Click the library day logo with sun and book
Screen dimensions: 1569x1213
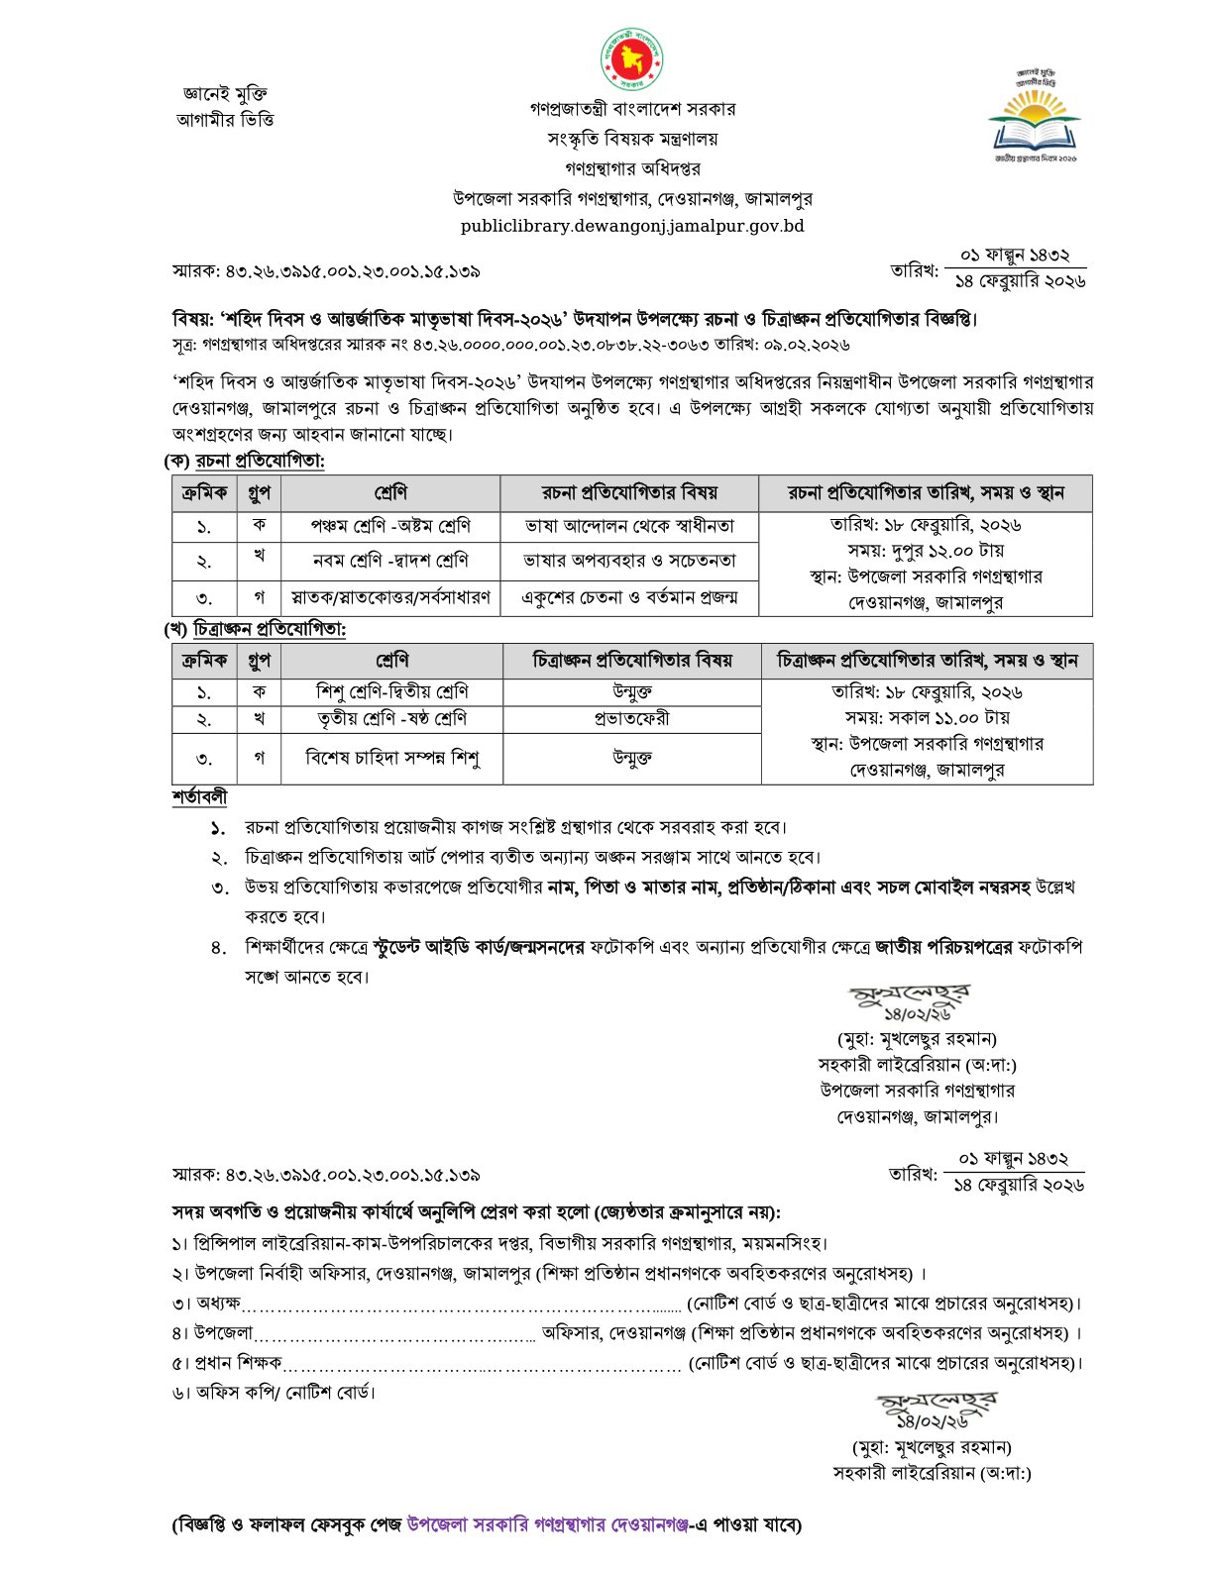[1035, 115]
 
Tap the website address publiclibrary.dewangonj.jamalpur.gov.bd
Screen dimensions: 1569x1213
[632, 226]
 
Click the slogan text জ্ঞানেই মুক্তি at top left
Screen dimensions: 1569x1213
[225, 94]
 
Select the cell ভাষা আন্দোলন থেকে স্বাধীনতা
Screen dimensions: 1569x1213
[629, 526]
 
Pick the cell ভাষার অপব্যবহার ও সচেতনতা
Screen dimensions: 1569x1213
[629, 561]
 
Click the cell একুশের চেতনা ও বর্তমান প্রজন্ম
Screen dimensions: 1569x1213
[629, 597]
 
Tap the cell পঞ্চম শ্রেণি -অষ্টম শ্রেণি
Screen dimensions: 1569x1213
[390, 526]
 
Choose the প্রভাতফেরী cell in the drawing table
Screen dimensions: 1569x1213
[632, 718]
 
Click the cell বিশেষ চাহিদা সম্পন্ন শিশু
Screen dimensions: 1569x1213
[392, 759]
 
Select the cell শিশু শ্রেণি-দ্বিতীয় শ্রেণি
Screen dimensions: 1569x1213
[392, 691]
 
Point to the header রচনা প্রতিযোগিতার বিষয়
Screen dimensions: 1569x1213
[629, 492]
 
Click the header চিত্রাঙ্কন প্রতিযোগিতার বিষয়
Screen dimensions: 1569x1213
[632, 660]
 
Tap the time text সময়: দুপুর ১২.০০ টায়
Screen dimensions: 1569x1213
[926, 551]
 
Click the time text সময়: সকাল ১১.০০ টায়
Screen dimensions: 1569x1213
[927, 717]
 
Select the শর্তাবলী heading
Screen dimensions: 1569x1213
[199, 797]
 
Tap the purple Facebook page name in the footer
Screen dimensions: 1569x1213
[547, 1524]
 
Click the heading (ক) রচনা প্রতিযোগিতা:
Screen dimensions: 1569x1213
[245, 461]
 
